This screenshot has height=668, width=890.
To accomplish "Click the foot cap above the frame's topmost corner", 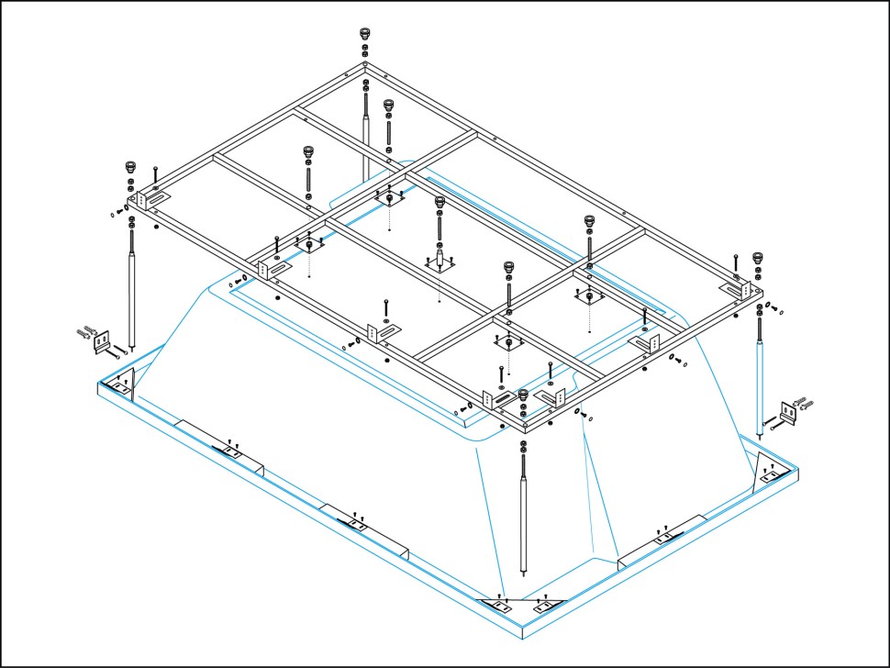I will (365, 35).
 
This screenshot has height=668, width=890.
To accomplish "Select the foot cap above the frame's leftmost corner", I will (131, 168).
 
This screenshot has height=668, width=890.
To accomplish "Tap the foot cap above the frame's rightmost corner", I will (758, 258).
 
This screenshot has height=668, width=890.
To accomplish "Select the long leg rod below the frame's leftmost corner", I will (134, 289).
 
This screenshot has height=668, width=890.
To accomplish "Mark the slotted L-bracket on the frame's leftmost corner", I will (150, 199).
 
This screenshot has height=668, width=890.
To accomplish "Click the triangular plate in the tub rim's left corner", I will (125, 384).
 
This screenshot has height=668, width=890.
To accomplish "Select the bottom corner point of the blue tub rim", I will (521, 637).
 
